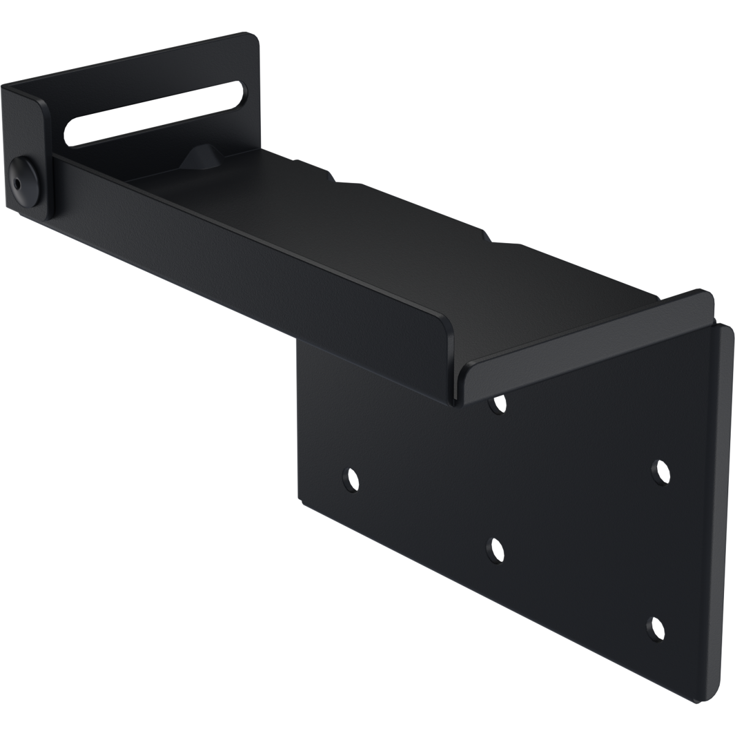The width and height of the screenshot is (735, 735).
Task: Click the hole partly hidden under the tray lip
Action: [x=499, y=403]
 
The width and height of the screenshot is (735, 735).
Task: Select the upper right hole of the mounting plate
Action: [x=660, y=470]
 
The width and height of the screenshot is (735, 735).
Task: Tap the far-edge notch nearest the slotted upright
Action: [x=300, y=162]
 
